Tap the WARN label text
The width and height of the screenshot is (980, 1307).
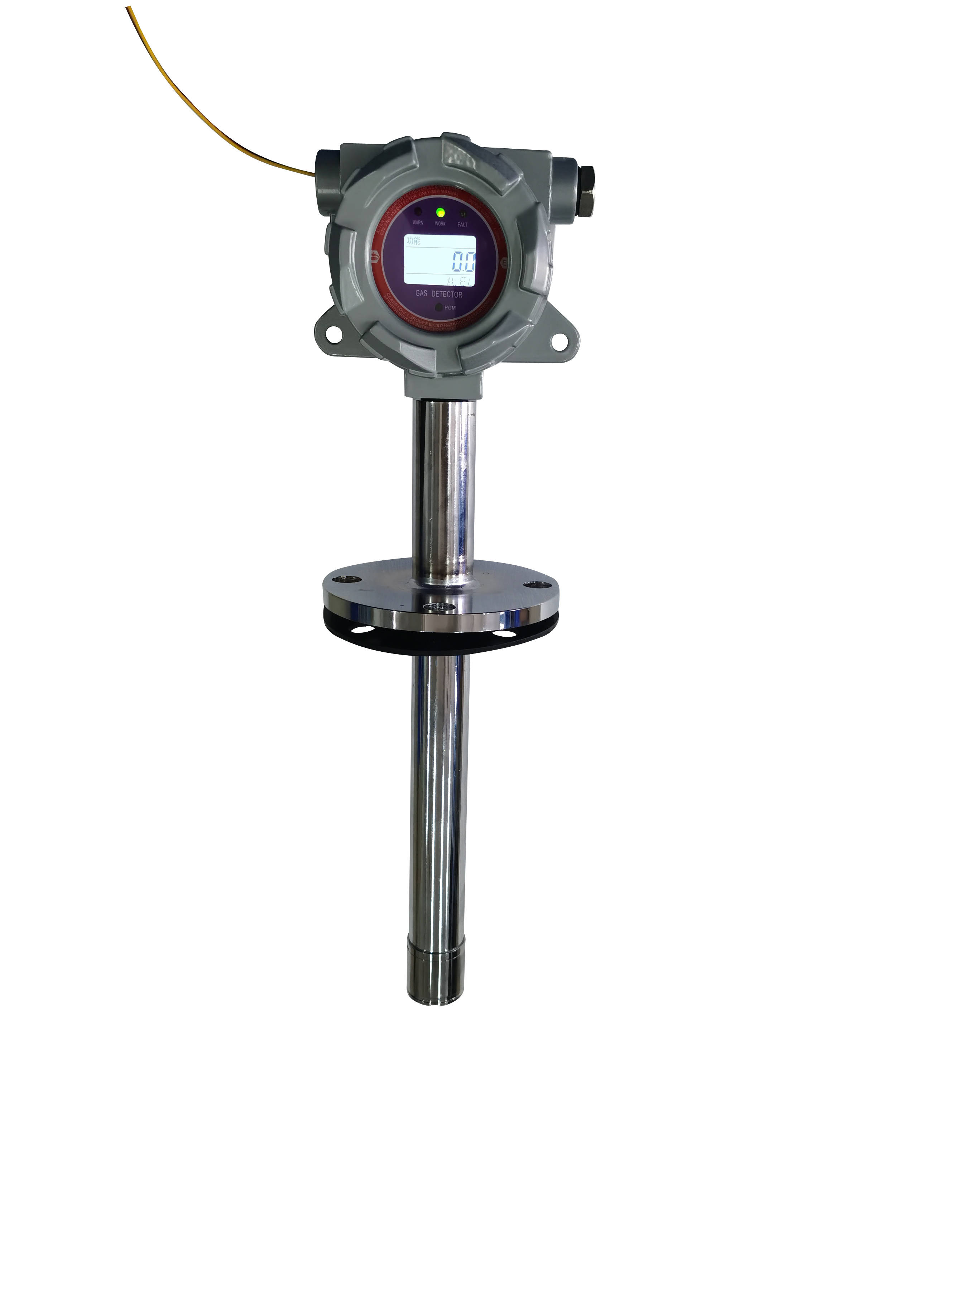point(418,223)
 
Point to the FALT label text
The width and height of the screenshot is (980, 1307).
point(462,225)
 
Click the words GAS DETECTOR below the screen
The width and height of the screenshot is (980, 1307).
point(439,294)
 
